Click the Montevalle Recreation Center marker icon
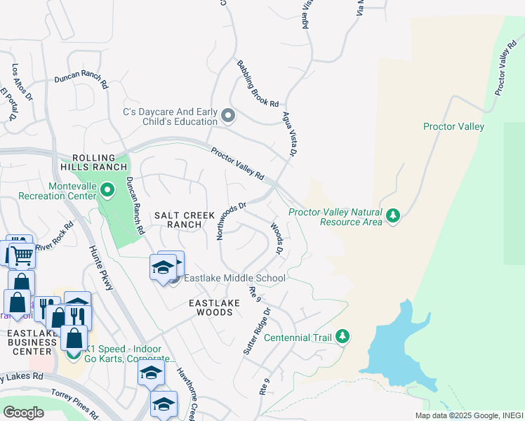point(107,189)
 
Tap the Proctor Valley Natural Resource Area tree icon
point(393,215)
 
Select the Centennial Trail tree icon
point(343,337)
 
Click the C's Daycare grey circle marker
point(227,115)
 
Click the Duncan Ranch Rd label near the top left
point(81,83)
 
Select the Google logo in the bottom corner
point(23,412)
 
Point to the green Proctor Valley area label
point(453,126)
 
